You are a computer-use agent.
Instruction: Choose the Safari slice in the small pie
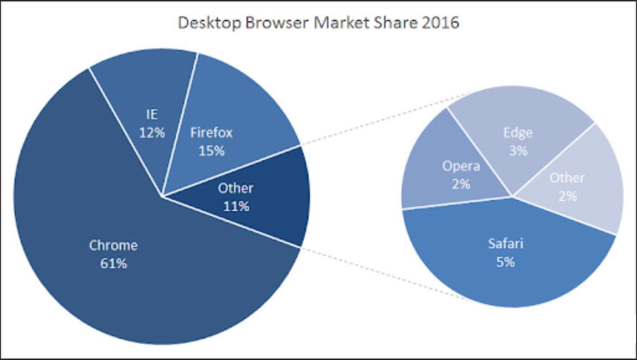(505, 275)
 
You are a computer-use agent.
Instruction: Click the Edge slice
(519, 113)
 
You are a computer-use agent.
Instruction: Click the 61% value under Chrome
(114, 263)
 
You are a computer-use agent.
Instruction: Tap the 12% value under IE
(152, 133)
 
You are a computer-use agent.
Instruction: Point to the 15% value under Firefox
(212, 151)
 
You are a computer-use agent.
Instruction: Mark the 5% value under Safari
(506, 262)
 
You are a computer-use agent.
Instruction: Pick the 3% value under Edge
(518, 151)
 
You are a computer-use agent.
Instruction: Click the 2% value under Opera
(461, 184)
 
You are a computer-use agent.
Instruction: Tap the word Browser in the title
(276, 23)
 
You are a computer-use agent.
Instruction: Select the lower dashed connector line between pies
(383, 273)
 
